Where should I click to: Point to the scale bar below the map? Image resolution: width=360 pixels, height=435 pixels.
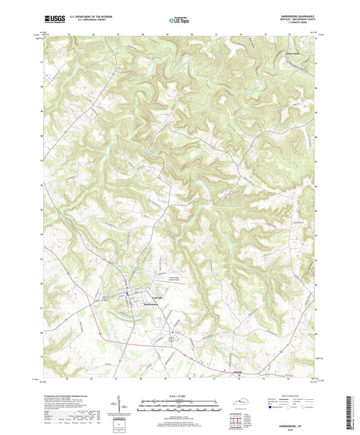179,405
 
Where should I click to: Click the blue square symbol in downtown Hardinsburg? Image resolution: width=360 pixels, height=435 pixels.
131,292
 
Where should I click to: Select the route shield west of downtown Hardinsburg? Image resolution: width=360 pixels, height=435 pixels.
106,298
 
